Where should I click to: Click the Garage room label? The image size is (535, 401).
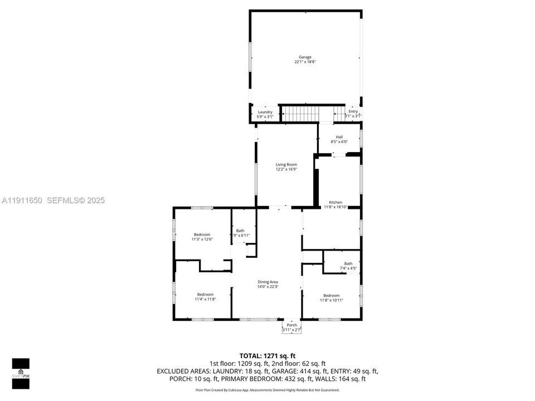[x=305, y=57]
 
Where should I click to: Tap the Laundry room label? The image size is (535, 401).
[x=265, y=112]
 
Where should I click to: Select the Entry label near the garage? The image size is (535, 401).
[x=353, y=111]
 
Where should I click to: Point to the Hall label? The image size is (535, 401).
[x=339, y=137]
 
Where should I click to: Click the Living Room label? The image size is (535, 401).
[x=286, y=164]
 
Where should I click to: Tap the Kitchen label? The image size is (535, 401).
[x=335, y=202]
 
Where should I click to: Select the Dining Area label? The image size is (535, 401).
[x=267, y=282]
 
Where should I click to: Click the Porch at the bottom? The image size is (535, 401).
[x=291, y=325]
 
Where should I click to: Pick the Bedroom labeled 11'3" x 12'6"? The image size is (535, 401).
[x=202, y=234]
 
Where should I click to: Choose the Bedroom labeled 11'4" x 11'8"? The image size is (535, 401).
[x=205, y=294]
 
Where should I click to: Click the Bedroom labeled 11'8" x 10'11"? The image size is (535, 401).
[x=331, y=295]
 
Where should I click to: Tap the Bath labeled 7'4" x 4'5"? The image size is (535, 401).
[x=348, y=263]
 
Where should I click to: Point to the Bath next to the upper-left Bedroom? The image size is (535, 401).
[x=240, y=231]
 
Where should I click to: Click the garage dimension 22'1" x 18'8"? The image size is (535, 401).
[x=305, y=62]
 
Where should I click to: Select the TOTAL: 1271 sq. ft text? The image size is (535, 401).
[x=267, y=355]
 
